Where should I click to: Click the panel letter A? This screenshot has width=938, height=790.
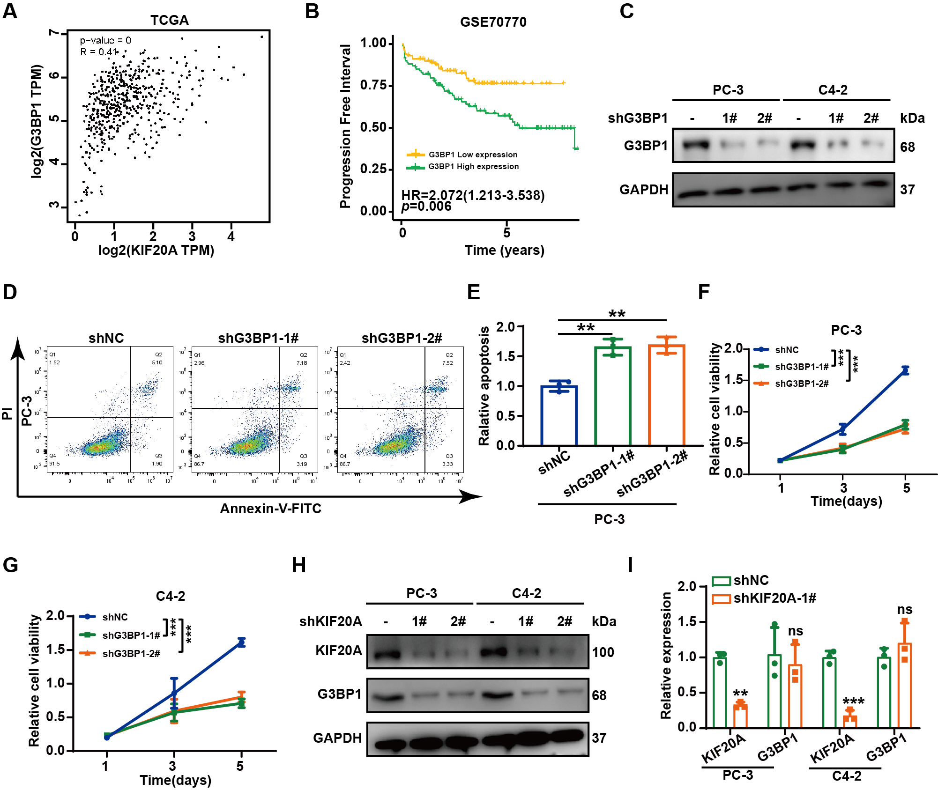(x=10, y=11)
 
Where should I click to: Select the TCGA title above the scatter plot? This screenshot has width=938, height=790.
(x=169, y=20)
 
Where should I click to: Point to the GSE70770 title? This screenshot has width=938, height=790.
(x=493, y=22)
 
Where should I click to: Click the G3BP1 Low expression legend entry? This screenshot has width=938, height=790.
(x=472, y=155)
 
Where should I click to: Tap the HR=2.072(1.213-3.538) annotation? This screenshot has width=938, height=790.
(x=473, y=195)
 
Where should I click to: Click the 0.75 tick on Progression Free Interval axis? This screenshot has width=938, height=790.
(x=373, y=85)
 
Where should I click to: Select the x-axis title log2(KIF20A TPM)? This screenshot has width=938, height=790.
(x=156, y=250)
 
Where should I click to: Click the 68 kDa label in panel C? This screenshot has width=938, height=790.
(x=908, y=147)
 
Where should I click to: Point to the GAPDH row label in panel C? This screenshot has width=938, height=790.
(x=643, y=190)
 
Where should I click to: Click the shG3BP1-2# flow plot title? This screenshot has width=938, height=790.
(x=402, y=338)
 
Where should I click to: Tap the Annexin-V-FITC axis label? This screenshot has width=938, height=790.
(x=271, y=509)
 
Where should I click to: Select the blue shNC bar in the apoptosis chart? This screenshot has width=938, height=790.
(x=559, y=415)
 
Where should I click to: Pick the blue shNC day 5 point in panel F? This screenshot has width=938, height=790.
(x=905, y=371)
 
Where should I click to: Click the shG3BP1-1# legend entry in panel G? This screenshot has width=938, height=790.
(x=131, y=635)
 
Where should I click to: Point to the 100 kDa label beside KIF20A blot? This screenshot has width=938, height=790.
(x=603, y=652)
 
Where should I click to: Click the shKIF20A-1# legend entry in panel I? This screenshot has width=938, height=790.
(x=774, y=598)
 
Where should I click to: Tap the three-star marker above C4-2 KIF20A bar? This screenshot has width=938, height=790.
(x=853, y=701)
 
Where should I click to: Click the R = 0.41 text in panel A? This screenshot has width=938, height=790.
(x=98, y=52)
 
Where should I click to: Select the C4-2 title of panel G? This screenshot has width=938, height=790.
(x=170, y=596)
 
